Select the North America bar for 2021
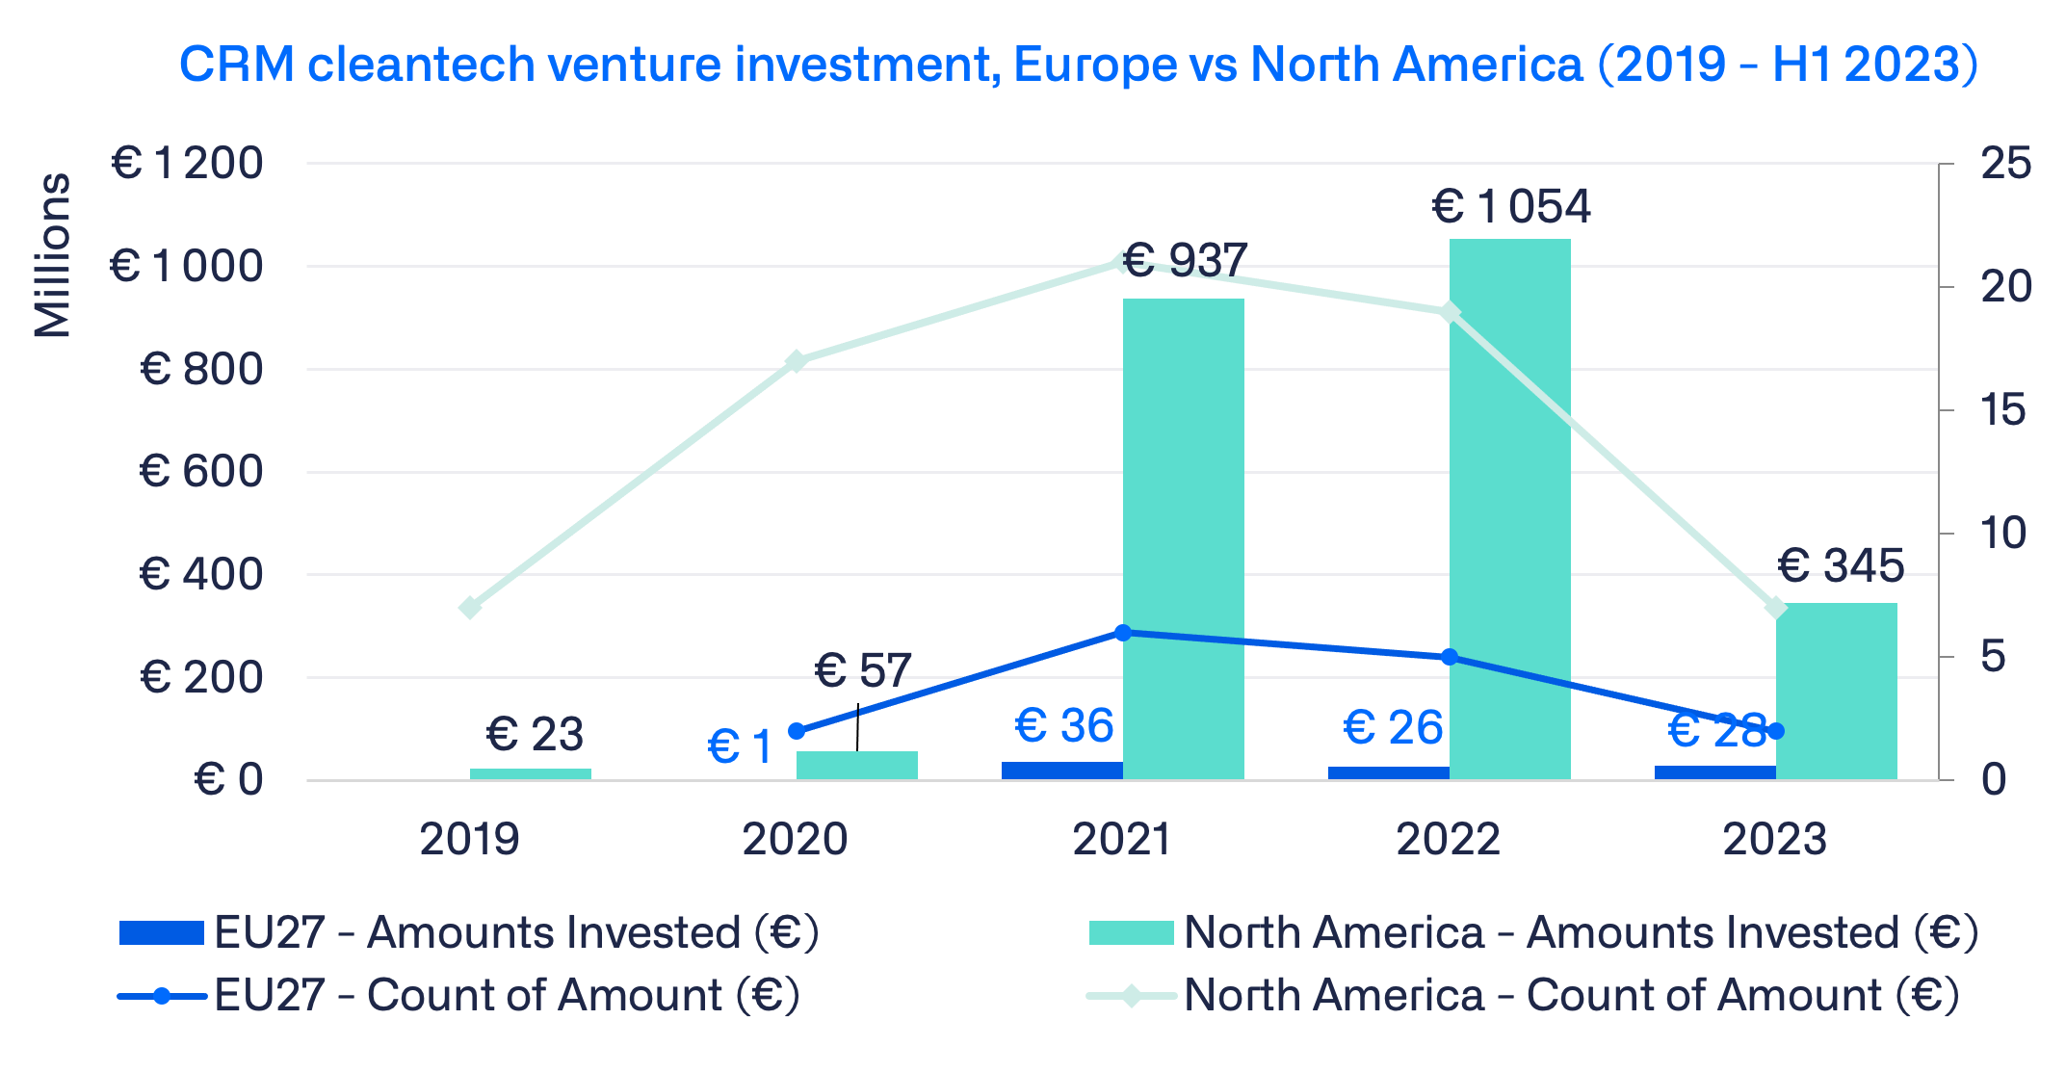[x=1183, y=539]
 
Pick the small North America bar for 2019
[x=530, y=773]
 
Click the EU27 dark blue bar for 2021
[x=1061, y=771]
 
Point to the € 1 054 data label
[x=1511, y=207]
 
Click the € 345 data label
[x=1841, y=565]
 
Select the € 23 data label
[x=535, y=735]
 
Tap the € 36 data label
[x=1064, y=725]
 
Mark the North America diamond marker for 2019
[x=470, y=608]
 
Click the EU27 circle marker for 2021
[x=1122, y=633]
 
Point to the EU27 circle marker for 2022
[x=1449, y=657]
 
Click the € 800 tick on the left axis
[x=201, y=369]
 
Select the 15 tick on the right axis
[x=2004, y=410]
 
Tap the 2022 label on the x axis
[x=1448, y=840]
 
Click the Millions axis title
[x=53, y=256]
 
